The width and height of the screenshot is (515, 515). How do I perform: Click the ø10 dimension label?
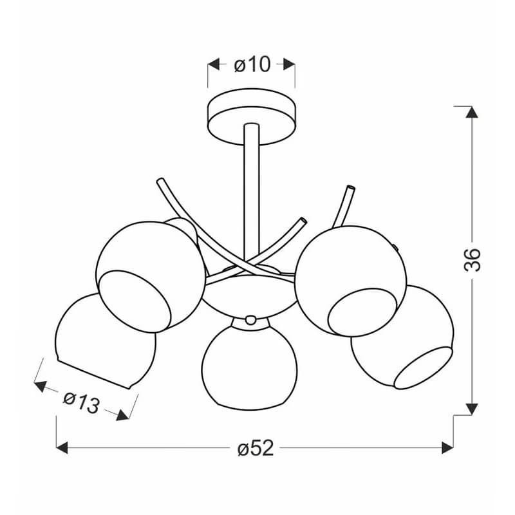(252, 65)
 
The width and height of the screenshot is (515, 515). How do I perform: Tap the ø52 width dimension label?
(256, 448)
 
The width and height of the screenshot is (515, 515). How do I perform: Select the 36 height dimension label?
(473, 260)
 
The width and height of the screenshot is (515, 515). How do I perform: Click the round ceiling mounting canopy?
(252, 117)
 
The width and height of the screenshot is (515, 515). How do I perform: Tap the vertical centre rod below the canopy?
(252, 194)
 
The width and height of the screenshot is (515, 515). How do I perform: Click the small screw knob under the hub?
(250, 319)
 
